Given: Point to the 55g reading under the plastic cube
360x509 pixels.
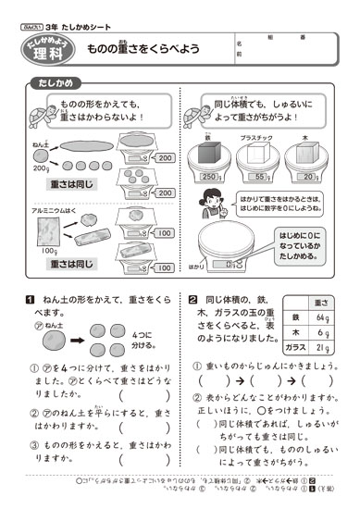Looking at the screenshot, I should coord(262,176).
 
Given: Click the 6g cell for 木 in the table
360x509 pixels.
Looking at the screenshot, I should coord(323,333).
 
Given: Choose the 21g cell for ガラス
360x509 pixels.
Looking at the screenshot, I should coord(323,347).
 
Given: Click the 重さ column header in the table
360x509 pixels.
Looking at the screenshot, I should coord(323,303).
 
